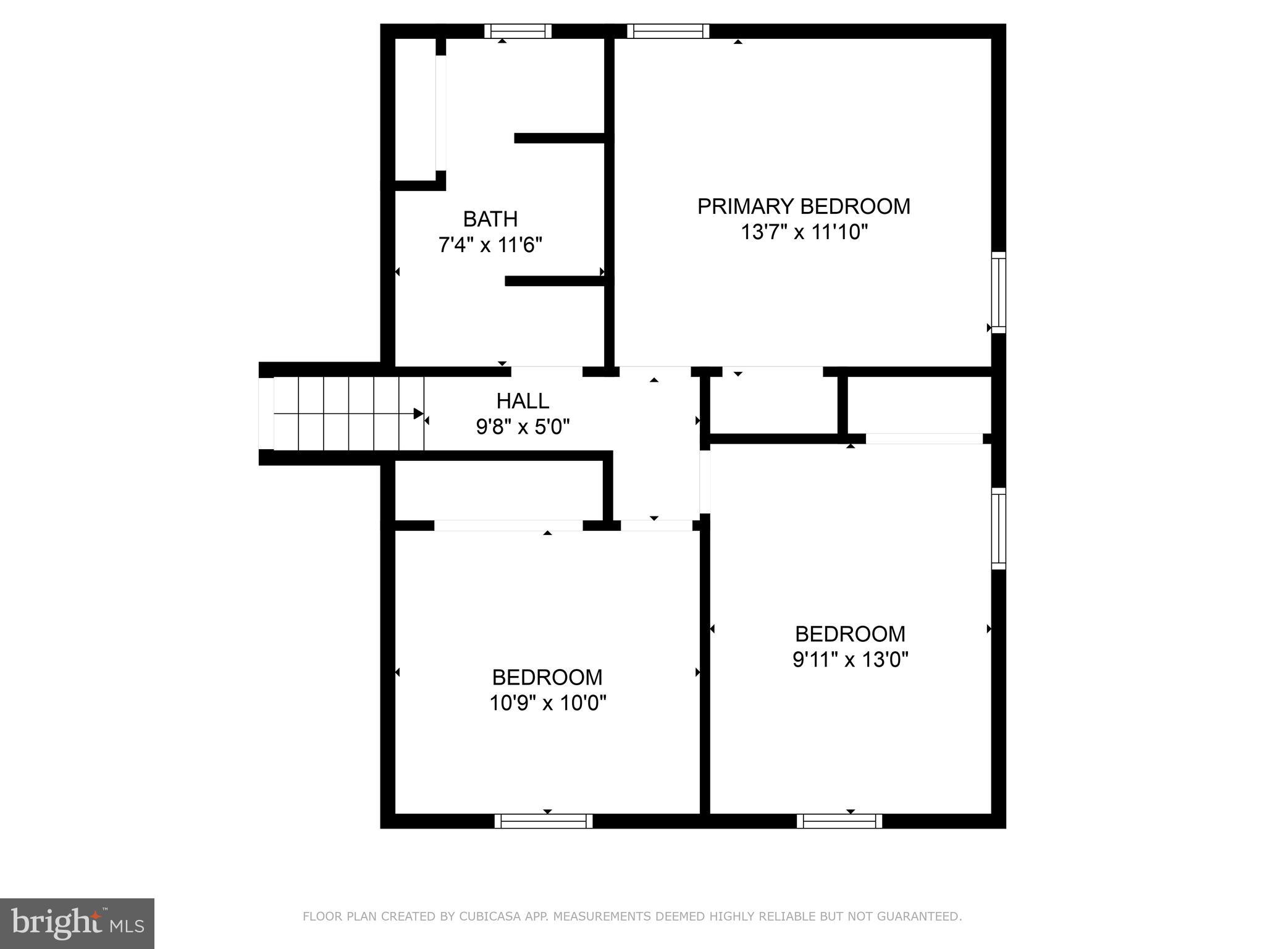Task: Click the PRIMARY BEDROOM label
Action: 804,206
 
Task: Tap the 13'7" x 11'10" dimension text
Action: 804,233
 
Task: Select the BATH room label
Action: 490,219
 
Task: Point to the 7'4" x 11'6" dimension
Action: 490,246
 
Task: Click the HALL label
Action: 523,402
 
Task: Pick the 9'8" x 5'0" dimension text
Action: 523,427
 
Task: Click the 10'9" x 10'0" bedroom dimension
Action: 548,703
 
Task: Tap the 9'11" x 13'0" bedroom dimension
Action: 850,660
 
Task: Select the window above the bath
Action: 518,31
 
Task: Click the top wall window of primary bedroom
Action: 668,31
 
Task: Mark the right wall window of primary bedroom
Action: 998,292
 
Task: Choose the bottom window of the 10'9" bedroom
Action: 544,821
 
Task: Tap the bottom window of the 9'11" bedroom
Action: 839,821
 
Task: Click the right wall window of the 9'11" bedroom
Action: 998,528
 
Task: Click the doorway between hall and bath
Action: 547,371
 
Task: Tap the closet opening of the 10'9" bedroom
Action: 508,526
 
